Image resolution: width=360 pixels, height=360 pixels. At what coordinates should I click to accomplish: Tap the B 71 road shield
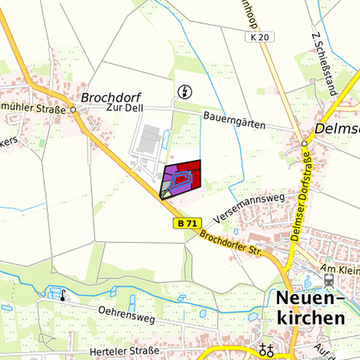[x=187, y=224]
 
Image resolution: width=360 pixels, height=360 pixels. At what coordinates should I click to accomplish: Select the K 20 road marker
[x=261, y=37]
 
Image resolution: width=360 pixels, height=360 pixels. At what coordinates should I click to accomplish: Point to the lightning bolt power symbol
[x=183, y=91]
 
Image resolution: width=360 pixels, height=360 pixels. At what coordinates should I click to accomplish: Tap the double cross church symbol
[x=267, y=349]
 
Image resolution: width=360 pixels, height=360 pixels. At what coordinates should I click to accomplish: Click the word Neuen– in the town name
[x=311, y=298]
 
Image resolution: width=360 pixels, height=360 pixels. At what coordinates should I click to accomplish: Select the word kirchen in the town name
[x=311, y=318]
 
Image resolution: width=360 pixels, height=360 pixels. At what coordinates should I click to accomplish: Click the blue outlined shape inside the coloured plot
[x=180, y=179]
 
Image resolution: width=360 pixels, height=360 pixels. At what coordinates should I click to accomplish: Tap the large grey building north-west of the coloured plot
[x=150, y=137]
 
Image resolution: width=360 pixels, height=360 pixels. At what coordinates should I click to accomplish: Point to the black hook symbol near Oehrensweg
[x=63, y=295]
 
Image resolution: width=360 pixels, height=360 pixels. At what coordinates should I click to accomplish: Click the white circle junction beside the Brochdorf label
[x=73, y=109]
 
